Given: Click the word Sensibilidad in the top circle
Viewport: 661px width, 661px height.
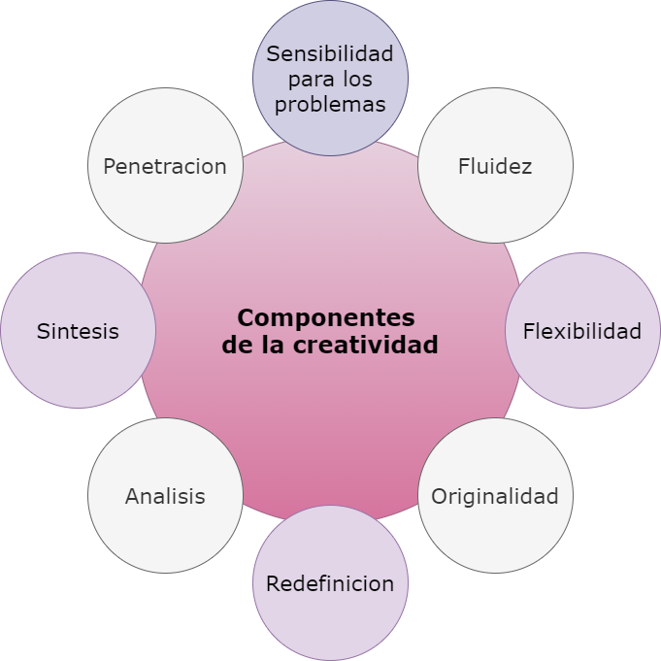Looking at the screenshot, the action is [x=330, y=54].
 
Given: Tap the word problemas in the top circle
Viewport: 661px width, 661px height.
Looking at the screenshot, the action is [x=330, y=105].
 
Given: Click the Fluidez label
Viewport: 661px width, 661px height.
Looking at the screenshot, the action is [x=495, y=166].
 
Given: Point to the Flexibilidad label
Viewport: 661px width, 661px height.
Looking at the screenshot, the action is [x=582, y=331].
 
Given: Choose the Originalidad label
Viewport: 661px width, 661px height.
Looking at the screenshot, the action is [x=495, y=497].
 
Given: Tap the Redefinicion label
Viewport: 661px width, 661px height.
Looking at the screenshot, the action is [x=330, y=584].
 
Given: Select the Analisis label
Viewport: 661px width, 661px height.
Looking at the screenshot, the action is [x=165, y=496].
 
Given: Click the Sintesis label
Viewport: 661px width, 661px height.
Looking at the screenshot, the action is [x=78, y=331].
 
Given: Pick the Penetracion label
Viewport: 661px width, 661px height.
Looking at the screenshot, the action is [x=165, y=166].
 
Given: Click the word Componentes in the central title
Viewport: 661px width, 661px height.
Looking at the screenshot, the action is [x=326, y=318].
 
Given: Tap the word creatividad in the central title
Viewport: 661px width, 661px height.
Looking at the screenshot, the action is [x=366, y=344].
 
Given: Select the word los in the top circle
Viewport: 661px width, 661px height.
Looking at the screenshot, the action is [x=357, y=79].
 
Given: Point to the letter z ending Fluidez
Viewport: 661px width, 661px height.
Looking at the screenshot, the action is [x=526, y=168].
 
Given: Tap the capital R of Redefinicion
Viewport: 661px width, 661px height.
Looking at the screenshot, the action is [x=273, y=584].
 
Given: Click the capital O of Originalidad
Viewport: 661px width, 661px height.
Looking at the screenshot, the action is [x=440, y=496].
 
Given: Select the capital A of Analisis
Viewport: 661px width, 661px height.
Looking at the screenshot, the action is [x=133, y=496].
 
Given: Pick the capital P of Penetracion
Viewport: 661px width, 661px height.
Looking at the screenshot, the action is [x=110, y=166].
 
